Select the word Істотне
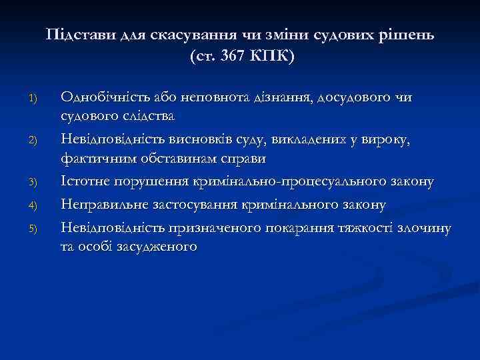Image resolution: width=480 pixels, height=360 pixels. [x=85, y=182]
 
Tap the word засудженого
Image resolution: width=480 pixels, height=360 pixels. [x=154, y=247]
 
